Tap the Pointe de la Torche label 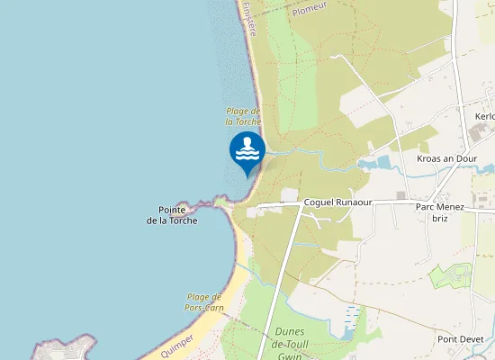172,215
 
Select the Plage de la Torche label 243,116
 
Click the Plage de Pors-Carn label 204,302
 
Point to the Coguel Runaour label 337,202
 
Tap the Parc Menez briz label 440,212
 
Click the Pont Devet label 460,339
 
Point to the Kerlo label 484,116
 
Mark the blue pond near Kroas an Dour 378,164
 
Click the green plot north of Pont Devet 451,276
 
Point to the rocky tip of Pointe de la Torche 189,200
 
